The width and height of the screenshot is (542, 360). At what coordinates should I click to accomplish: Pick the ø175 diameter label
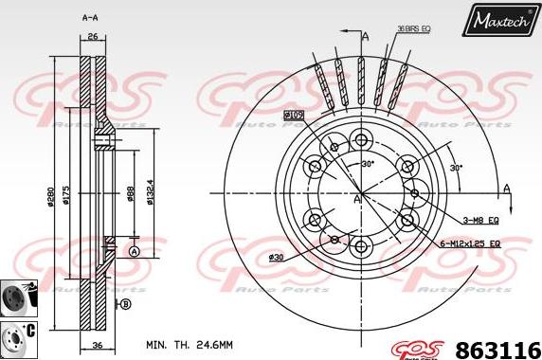[x=66, y=194]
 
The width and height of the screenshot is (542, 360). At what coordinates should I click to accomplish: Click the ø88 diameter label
[x=130, y=194]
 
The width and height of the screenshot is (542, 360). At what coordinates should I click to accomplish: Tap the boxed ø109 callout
[x=293, y=115]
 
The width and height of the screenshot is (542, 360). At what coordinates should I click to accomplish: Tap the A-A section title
[x=91, y=18]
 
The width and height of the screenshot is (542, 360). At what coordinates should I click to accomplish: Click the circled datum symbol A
[x=134, y=250]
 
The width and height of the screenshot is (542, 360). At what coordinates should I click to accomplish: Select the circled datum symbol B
[x=125, y=303]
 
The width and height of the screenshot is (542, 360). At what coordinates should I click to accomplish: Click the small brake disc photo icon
[x=16, y=297]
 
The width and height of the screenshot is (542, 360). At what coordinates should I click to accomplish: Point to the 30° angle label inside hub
[x=368, y=164]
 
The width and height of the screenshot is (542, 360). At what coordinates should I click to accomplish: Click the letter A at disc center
[x=356, y=200]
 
